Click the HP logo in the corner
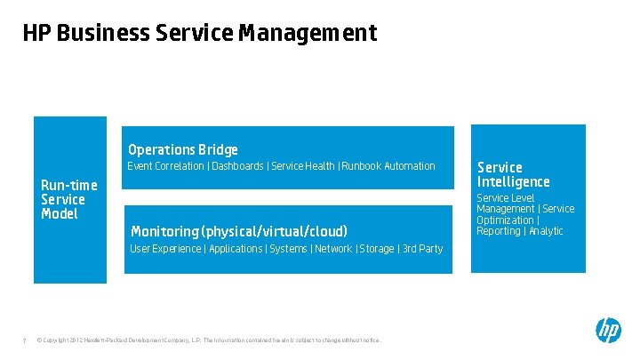click(x=608, y=331)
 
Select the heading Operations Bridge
click(x=182, y=149)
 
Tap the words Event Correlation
click(x=165, y=166)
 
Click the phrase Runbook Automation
click(x=389, y=166)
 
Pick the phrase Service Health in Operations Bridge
click(x=303, y=166)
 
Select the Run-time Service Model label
click(x=69, y=199)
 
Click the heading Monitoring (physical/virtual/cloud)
click(x=238, y=231)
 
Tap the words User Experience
click(x=165, y=249)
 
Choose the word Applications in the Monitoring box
click(x=235, y=249)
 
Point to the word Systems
click(x=288, y=249)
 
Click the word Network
click(x=333, y=249)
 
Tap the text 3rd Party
click(x=423, y=249)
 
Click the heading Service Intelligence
click(x=513, y=174)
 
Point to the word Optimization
click(x=505, y=220)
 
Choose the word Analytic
click(x=545, y=231)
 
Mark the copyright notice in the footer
click(x=210, y=340)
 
